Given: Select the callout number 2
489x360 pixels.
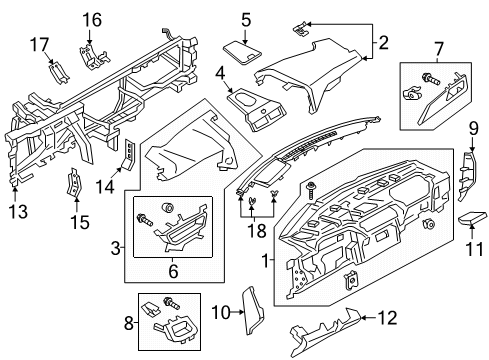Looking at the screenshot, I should coord(381,42).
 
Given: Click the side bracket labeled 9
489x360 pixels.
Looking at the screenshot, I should coord(467,177).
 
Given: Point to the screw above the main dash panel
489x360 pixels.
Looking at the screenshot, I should coord(313,186).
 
